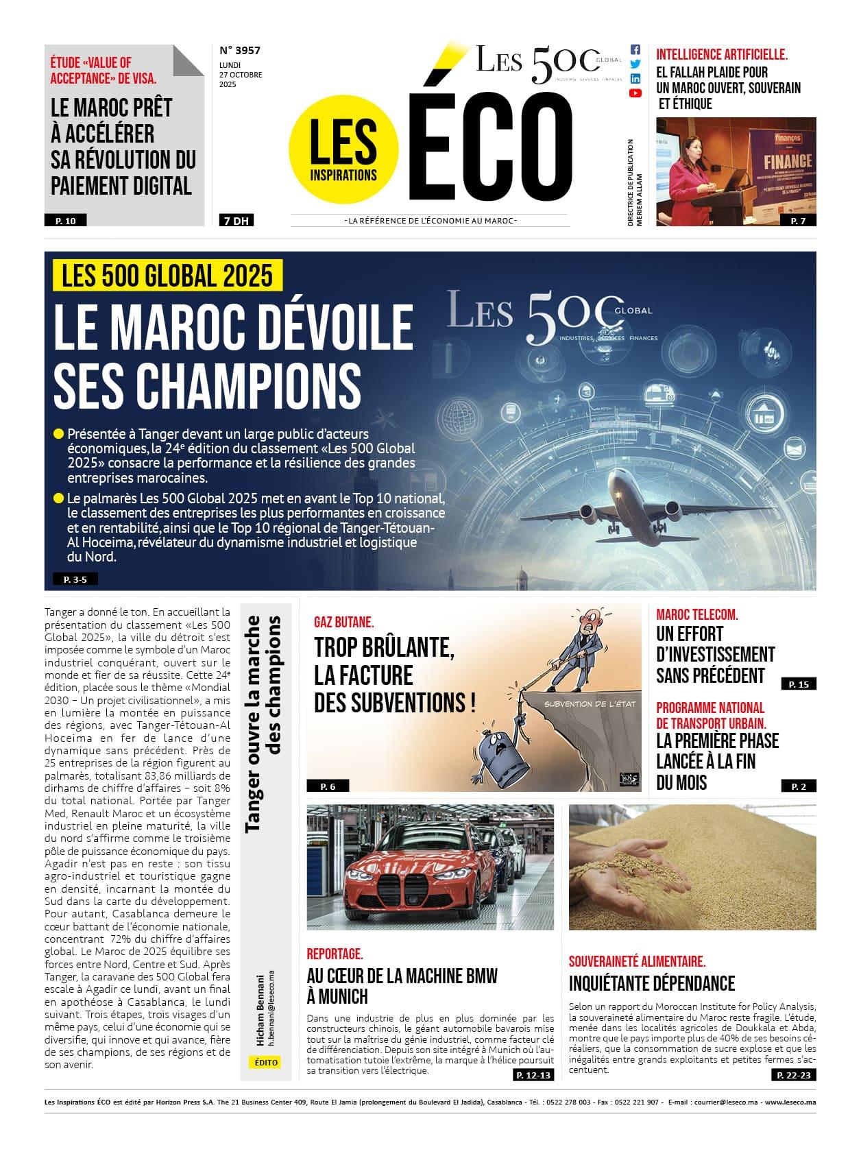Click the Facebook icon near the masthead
(x=635, y=49)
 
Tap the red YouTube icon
(x=635, y=93)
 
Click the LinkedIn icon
(x=635, y=79)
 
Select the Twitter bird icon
(x=635, y=64)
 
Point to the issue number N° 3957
(x=240, y=50)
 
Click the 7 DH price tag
(x=235, y=221)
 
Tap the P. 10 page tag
(x=66, y=221)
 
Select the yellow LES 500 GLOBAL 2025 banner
(x=167, y=276)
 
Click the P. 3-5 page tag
(x=75, y=579)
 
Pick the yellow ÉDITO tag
(x=266, y=1062)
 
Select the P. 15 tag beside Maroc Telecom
(x=799, y=684)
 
